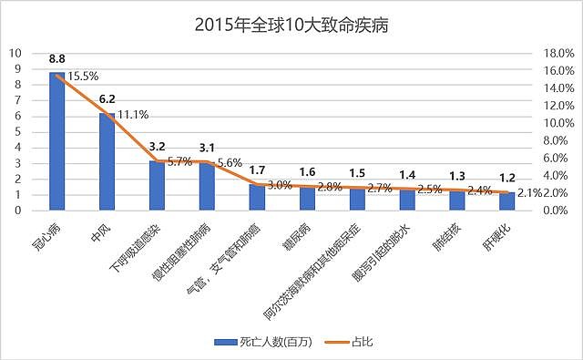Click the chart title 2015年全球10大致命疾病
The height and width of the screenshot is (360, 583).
(x=291, y=24)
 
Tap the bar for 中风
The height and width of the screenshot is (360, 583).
(x=107, y=161)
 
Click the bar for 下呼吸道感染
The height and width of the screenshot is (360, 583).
(x=157, y=185)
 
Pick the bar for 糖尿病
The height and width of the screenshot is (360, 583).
(x=307, y=198)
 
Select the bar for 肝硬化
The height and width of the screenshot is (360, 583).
(x=506, y=201)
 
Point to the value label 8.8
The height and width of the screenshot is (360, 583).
(x=56, y=61)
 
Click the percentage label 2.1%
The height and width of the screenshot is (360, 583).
(x=531, y=193)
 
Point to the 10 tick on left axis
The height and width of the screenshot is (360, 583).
(x=17, y=53)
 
